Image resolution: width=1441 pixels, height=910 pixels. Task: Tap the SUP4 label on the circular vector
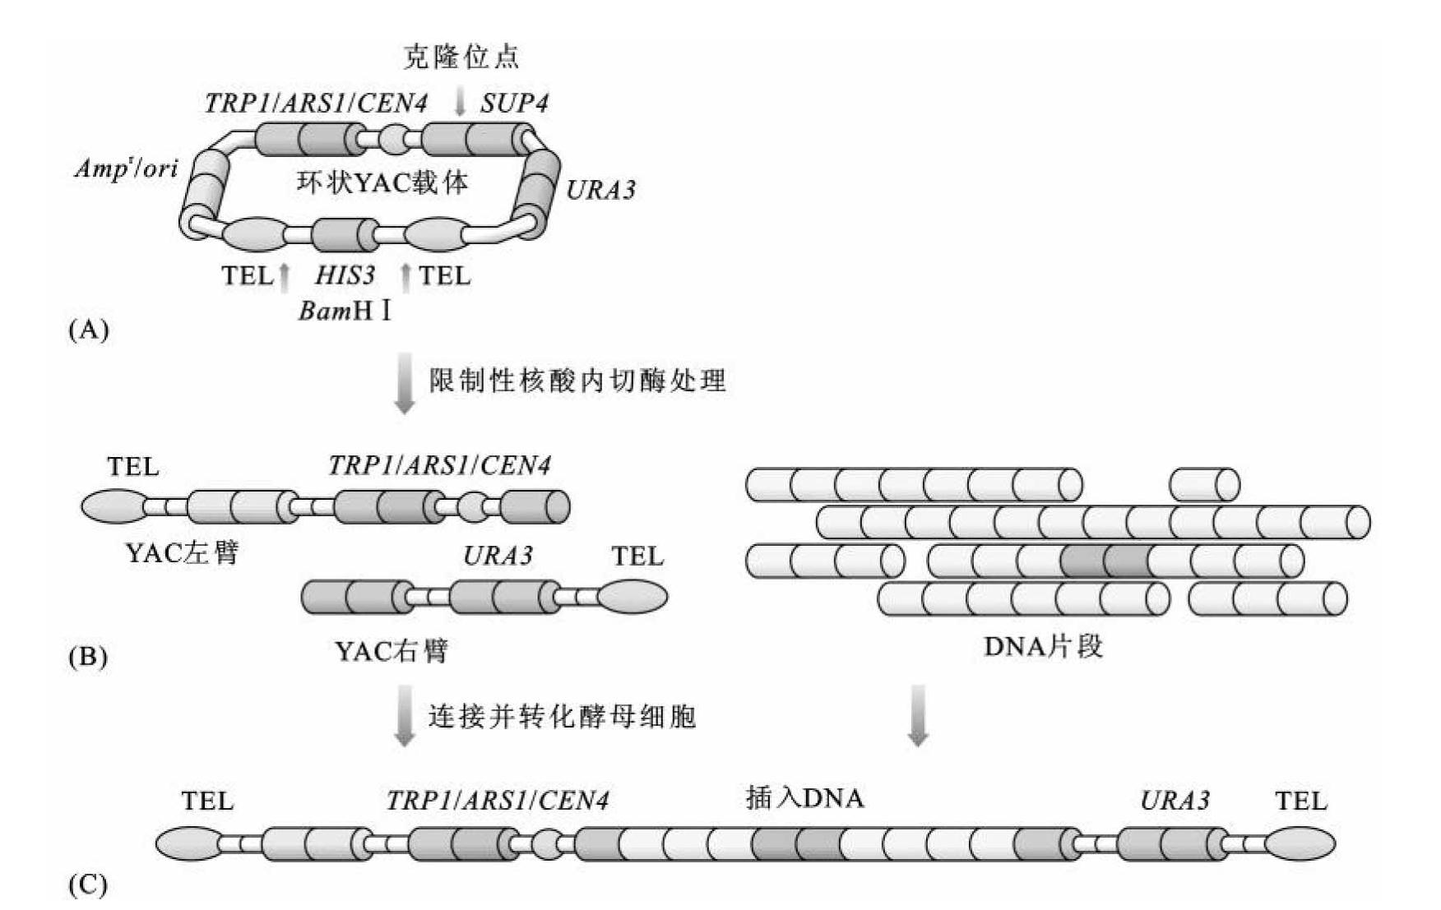[514, 103]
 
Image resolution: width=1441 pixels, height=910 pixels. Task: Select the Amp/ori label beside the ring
[126, 169]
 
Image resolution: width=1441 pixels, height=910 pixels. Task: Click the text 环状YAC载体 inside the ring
[382, 181]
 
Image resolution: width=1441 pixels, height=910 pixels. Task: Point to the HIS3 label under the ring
[345, 275]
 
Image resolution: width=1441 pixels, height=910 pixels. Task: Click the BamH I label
[345, 312]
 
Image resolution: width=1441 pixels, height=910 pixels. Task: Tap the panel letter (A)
[88, 330]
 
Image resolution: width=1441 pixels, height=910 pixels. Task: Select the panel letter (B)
[88, 657]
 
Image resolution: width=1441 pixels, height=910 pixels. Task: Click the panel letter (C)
[88, 885]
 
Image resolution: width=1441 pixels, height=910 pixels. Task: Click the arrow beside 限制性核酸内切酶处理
[405, 382]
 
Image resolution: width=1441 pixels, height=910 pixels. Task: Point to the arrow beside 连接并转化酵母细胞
[405, 716]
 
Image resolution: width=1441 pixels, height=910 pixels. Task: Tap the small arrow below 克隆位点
[461, 101]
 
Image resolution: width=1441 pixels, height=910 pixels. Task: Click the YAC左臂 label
[182, 552]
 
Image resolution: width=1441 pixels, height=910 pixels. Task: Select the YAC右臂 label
[391, 651]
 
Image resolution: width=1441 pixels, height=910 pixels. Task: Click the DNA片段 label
[1043, 646]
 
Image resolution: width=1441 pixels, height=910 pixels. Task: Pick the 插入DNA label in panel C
[804, 797]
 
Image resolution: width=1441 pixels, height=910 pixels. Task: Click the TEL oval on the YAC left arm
[114, 506]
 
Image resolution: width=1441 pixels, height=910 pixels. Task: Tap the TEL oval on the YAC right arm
[632, 597]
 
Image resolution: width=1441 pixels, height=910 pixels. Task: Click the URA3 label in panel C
[1175, 800]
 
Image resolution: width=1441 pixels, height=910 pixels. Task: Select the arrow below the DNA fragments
[918, 716]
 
